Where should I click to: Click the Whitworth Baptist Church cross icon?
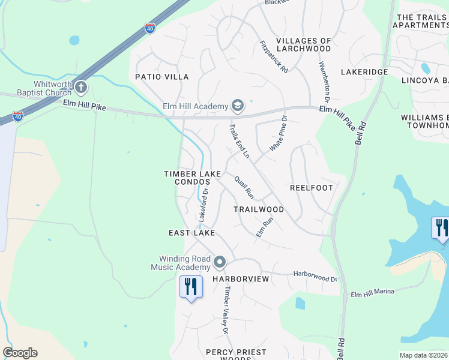(81, 88)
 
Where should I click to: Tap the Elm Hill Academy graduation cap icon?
(237, 106)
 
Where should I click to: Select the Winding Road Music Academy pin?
(219, 262)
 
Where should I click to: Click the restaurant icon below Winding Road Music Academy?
(191, 286)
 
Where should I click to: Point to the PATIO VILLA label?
(161, 77)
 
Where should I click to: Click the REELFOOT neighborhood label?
(311, 188)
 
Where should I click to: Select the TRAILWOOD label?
(259, 209)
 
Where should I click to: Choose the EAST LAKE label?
(191, 233)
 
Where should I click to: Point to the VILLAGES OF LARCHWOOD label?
(304, 45)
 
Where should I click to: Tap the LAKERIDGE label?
(364, 72)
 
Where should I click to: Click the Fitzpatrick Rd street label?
(274, 57)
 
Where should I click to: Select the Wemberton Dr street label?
(327, 81)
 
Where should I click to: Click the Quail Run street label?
(244, 187)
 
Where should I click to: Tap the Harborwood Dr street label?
(315, 276)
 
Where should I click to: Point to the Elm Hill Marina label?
(372, 293)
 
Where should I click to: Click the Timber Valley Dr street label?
(226, 310)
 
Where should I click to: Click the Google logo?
(20, 353)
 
